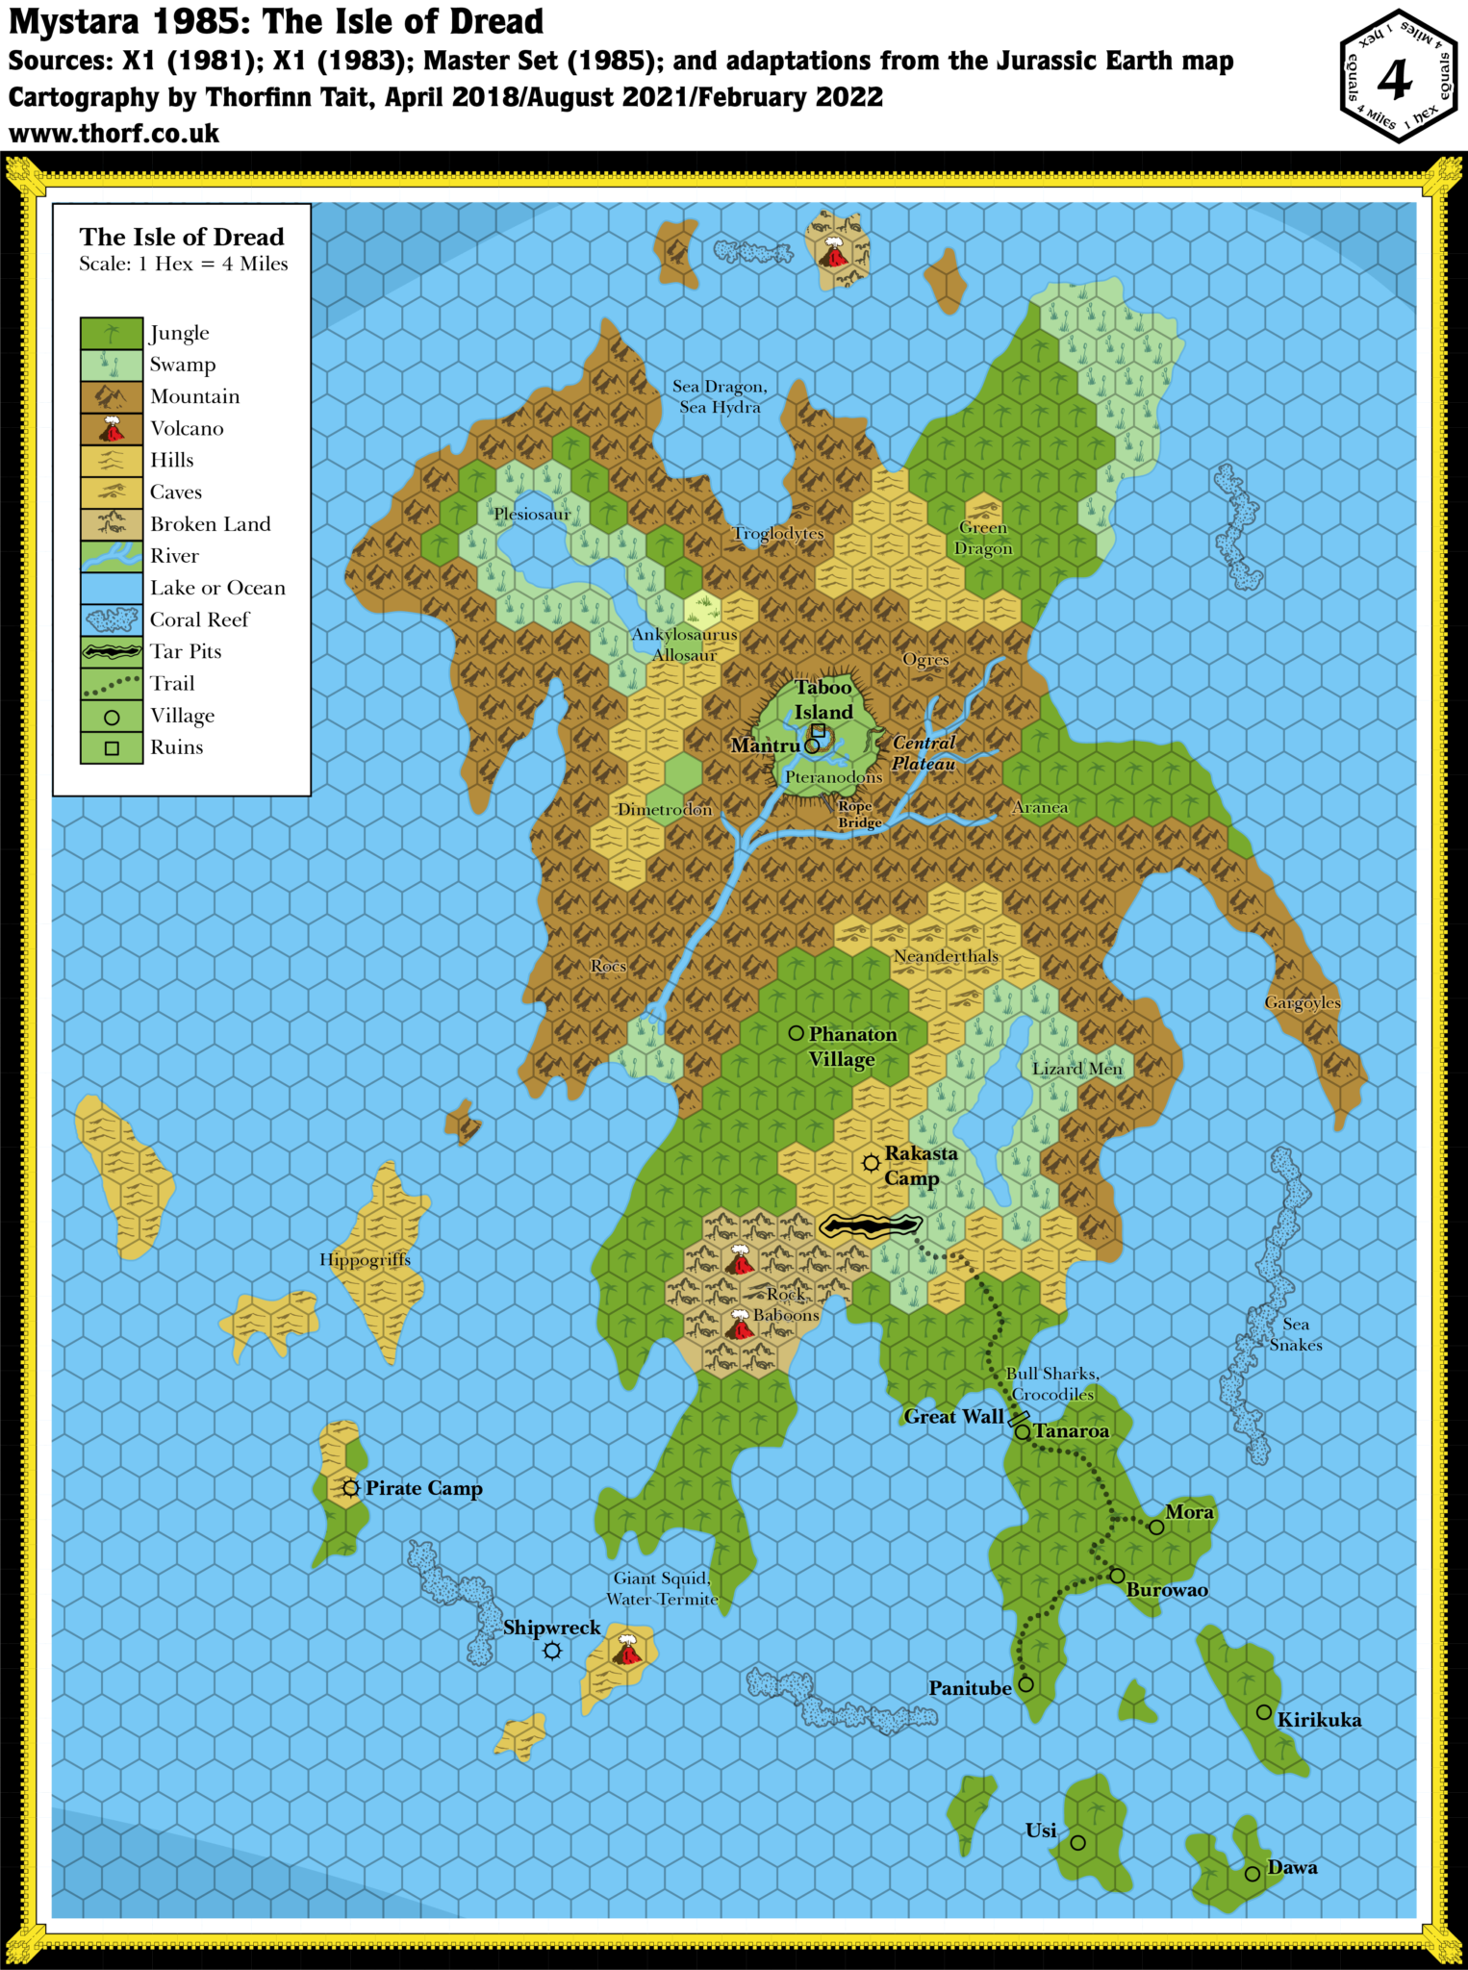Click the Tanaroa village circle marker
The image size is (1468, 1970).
[1023, 1432]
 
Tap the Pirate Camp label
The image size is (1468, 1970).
[423, 1488]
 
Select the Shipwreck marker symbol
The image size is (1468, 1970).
[552, 1651]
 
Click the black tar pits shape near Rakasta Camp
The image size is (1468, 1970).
[871, 1225]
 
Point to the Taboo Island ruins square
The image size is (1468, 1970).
[818, 730]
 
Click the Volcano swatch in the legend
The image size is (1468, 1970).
[112, 429]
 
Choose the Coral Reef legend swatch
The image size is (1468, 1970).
[112, 619]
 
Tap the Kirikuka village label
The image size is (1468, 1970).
[1318, 1720]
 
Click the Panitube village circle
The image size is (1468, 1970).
[1025, 1684]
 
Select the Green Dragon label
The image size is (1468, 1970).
[983, 538]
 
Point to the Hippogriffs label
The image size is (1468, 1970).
[365, 1259]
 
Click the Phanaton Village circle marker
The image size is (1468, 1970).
[797, 1033]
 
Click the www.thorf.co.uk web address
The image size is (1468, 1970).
[114, 133]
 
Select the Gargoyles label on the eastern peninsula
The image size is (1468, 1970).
[1302, 1002]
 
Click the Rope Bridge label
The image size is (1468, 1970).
[858, 815]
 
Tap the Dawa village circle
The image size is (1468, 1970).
[1252, 1874]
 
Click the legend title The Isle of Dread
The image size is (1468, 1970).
[182, 237]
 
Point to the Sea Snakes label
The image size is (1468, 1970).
[1295, 1334]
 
